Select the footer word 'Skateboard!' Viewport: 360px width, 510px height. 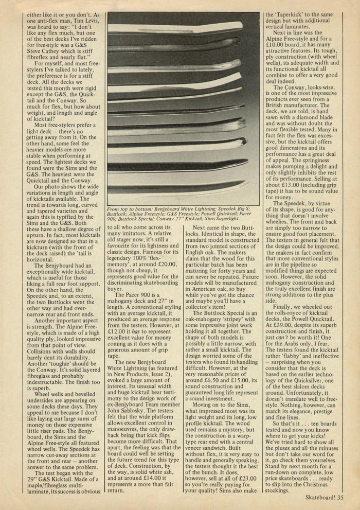[x=321, y=498]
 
